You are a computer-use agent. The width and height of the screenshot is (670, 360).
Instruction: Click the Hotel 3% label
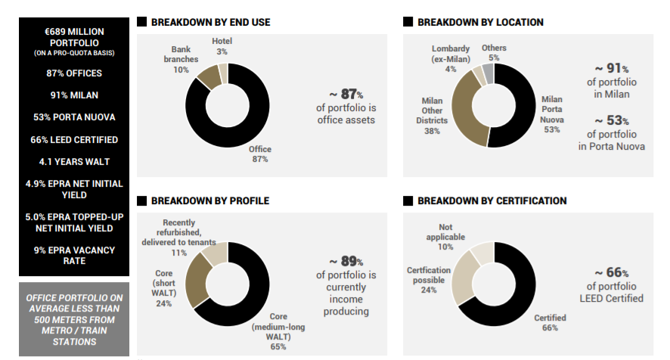[222, 46]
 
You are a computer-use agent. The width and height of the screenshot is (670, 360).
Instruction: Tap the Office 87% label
[259, 154]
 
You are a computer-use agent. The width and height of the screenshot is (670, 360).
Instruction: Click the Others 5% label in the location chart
[494, 53]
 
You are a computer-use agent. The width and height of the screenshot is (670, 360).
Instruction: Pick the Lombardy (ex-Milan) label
[450, 59]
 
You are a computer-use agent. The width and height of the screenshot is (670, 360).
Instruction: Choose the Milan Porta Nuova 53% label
[552, 114]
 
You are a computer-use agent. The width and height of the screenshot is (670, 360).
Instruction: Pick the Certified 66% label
[550, 323]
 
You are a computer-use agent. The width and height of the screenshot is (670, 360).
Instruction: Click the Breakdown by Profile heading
[209, 201]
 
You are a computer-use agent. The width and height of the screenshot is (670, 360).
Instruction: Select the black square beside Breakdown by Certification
[408, 201]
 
